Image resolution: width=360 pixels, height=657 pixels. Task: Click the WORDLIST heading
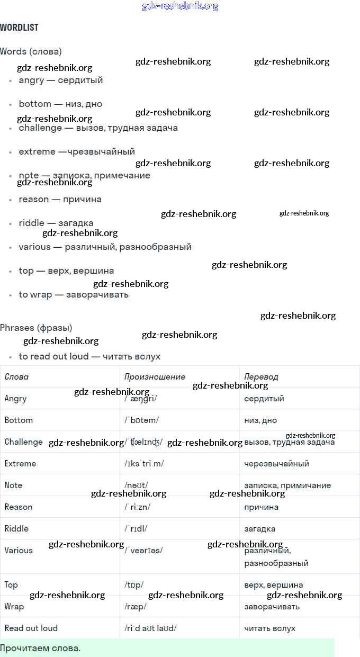(x=19, y=28)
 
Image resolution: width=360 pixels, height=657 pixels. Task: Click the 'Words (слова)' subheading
(x=31, y=51)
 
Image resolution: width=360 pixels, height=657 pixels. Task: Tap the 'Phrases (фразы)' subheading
(x=36, y=328)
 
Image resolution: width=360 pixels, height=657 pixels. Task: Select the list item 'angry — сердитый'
(x=60, y=80)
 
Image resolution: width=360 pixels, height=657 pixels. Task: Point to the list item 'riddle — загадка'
(x=56, y=223)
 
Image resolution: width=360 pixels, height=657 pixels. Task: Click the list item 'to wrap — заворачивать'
(x=73, y=294)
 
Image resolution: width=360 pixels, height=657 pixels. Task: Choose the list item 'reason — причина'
(x=60, y=199)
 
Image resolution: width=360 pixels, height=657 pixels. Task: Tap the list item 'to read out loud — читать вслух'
(x=89, y=356)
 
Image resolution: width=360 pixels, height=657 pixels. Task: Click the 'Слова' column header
(x=16, y=377)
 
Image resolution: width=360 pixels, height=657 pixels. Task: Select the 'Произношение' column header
(x=155, y=377)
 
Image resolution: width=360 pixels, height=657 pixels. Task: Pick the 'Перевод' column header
(x=261, y=377)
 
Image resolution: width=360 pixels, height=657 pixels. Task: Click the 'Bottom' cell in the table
(x=19, y=420)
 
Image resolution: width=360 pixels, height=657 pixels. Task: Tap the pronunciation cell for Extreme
(x=144, y=464)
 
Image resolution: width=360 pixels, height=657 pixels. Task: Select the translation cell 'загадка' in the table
(x=259, y=529)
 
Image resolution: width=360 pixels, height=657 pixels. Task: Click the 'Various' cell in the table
(x=19, y=551)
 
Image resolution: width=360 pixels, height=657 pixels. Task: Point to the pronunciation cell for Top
(x=134, y=585)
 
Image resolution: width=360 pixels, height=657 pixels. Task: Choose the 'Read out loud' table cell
(x=31, y=628)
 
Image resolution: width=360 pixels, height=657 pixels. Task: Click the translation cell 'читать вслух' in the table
(x=269, y=628)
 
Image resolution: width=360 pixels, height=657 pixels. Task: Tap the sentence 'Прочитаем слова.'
(x=40, y=648)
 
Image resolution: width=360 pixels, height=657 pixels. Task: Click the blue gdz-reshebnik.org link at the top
(x=180, y=6)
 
